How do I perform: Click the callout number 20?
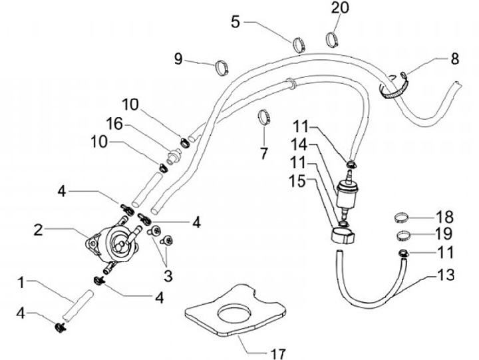(x=339, y=9)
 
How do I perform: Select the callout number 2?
(x=39, y=230)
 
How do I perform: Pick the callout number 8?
(x=454, y=59)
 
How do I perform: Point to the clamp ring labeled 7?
(x=265, y=118)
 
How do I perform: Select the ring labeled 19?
(x=402, y=234)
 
